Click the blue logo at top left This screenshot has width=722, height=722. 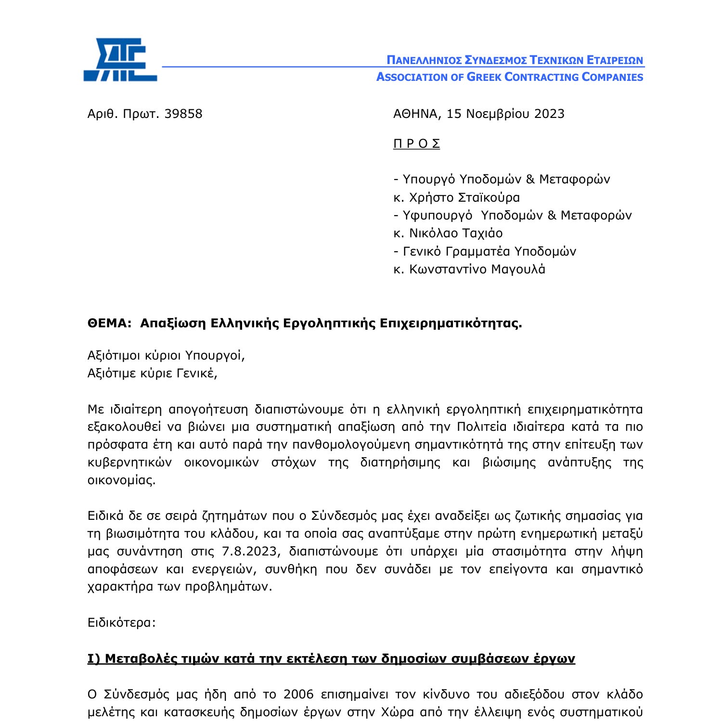tap(120, 60)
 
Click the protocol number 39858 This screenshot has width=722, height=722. tap(183, 114)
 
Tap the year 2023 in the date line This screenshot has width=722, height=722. tap(549, 114)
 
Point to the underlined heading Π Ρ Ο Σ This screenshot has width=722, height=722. tap(416, 144)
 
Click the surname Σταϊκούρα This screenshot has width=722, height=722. tap(489, 198)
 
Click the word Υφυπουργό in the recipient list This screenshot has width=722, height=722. tap(437, 216)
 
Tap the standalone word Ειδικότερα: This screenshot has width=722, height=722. tap(122, 623)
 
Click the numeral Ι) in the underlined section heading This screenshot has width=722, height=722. tap(94, 658)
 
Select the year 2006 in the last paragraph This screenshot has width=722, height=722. tap(298, 695)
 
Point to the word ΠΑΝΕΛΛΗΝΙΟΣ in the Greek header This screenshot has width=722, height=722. tap(424, 61)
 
